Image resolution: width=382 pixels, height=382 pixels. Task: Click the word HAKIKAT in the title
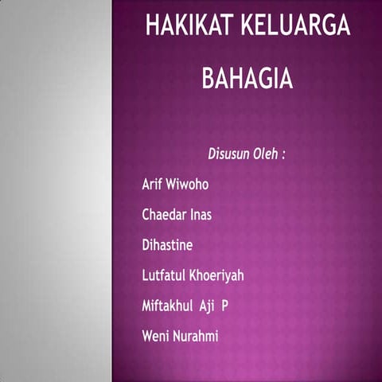(189, 26)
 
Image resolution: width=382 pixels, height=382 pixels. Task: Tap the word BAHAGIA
(248, 79)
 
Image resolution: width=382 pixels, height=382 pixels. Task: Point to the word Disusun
(229, 154)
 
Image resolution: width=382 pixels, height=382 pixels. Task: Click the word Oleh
(265, 154)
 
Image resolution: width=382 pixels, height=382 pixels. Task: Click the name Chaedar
(164, 215)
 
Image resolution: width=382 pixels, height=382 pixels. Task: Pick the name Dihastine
(167, 245)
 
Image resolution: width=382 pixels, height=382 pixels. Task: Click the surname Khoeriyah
(216, 275)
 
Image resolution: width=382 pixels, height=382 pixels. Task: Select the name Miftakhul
(168, 306)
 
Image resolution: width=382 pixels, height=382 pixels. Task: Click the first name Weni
(156, 336)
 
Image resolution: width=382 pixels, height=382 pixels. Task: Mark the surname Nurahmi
(196, 336)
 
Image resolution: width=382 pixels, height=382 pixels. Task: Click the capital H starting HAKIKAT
(152, 26)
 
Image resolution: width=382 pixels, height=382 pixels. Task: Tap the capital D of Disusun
(212, 154)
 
